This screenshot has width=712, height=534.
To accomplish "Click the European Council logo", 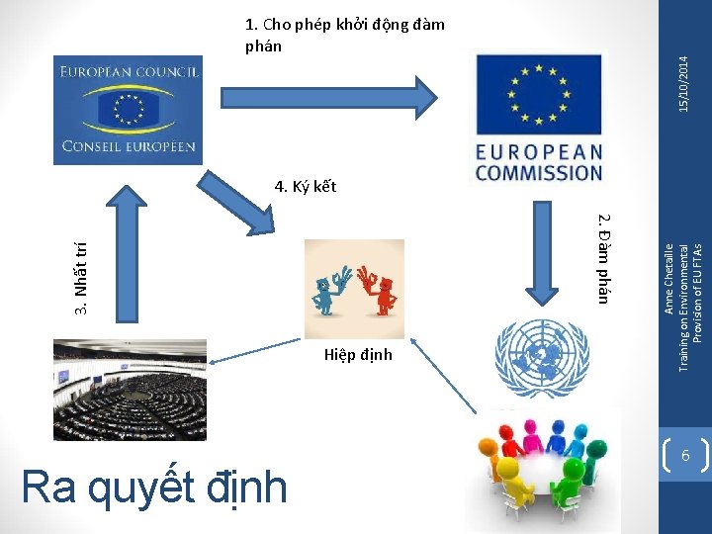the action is (x=128, y=109).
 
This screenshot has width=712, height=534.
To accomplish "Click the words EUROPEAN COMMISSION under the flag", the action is (x=538, y=162).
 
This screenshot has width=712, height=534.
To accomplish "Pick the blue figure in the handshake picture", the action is (x=324, y=290).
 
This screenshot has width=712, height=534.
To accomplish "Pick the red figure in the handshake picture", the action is (x=382, y=290).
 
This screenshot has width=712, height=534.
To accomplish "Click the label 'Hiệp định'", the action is (x=358, y=355).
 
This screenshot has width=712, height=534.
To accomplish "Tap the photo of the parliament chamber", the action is (x=130, y=390).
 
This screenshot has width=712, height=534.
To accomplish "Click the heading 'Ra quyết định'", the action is (x=153, y=487).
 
